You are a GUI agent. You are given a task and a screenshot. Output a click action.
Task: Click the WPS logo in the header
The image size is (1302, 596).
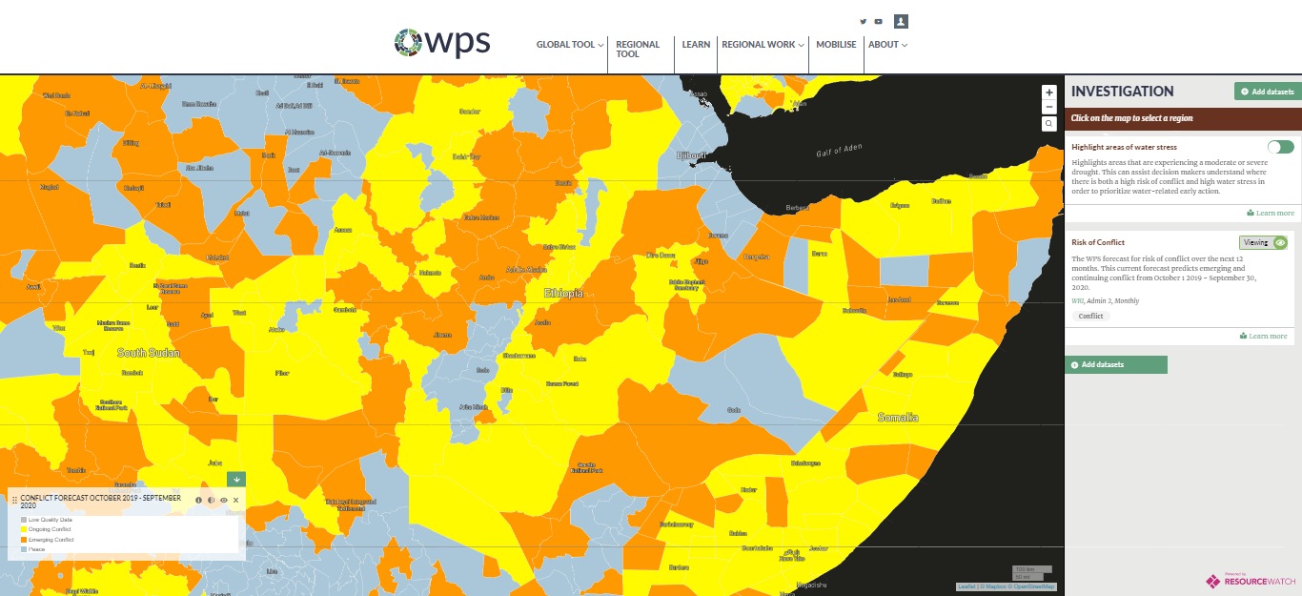point(442,43)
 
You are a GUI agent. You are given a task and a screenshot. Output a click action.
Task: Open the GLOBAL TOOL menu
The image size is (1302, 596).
point(569,45)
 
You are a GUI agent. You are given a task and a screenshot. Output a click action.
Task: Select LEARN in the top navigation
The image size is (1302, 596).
point(696,45)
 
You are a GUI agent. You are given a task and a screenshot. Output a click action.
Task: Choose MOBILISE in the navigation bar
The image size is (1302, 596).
point(836,45)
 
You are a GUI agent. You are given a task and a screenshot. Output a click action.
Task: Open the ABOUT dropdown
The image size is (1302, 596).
point(887,45)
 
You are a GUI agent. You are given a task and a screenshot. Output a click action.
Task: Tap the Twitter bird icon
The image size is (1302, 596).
point(864,22)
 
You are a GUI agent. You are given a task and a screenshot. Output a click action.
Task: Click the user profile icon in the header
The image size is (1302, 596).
point(901,21)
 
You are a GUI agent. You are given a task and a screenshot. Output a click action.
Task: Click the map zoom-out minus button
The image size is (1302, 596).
point(1049,107)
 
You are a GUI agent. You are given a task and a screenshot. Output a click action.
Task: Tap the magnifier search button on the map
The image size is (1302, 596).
point(1049,124)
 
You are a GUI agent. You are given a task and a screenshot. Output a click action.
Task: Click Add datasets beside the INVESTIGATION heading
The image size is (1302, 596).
point(1267,92)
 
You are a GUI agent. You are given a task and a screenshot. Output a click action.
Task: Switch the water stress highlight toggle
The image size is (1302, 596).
point(1280,147)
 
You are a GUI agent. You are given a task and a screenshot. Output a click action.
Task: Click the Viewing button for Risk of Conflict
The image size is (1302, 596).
point(1262,243)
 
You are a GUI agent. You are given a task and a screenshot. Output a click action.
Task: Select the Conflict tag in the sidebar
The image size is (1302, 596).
point(1090,316)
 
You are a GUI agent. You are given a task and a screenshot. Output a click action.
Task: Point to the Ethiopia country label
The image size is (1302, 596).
point(563,293)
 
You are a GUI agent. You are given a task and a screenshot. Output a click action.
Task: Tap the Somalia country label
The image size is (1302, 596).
point(898,417)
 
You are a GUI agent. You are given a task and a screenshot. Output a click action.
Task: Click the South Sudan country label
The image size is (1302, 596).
point(149,353)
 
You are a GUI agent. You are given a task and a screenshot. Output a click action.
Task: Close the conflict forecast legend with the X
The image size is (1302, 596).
point(236,500)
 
